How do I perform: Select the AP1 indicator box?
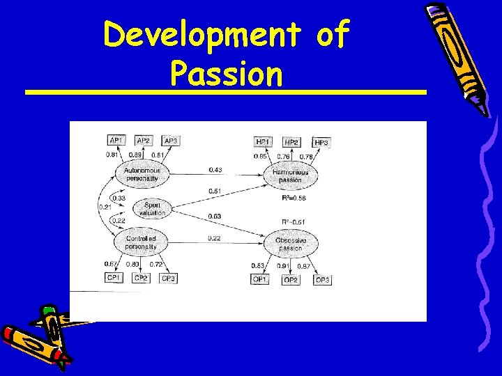coord(116,140)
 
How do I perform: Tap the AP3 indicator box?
coord(171,140)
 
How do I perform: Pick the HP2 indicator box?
coord(291,142)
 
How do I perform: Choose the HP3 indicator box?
coord(321,143)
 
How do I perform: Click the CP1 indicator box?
coord(113,278)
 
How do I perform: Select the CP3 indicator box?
coord(169,279)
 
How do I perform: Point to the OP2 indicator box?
coord(291,280)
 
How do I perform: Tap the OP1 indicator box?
coord(259,279)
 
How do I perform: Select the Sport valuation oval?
coord(152,209)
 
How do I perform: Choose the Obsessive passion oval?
coord(291,244)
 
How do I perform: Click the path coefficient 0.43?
coord(215,170)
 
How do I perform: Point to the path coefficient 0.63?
coord(215,217)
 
